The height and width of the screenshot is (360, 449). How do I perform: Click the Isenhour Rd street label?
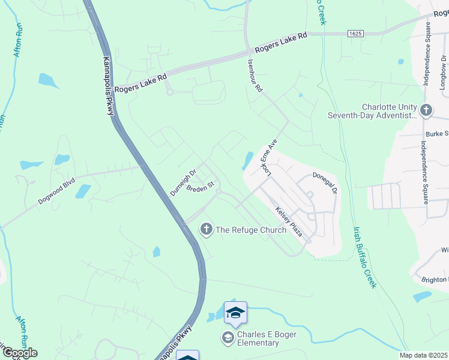(x=255, y=76)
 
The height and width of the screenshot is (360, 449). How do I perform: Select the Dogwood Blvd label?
(x=56, y=191)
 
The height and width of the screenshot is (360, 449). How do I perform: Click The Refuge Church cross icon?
(x=206, y=229)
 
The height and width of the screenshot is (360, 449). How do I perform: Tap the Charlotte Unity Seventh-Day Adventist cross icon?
(x=426, y=110)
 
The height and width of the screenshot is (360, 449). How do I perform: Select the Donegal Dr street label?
(x=325, y=182)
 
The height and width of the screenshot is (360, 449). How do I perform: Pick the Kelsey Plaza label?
(x=289, y=221)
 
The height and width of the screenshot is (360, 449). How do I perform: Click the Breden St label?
(x=200, y=188)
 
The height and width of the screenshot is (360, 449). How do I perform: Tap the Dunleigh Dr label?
(x=183, y=182)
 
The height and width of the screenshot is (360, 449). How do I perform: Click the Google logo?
(x=19, y=353)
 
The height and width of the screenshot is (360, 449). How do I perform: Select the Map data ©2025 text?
(x=423, y=355)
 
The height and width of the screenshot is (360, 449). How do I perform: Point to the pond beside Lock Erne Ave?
(x=247, y=161)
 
